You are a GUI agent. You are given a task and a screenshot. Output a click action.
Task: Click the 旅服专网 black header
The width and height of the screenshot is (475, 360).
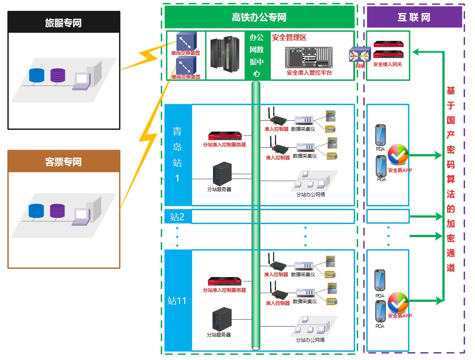point(63,23)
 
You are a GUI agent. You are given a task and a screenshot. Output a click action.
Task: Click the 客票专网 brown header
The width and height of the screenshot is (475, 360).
point(63,162)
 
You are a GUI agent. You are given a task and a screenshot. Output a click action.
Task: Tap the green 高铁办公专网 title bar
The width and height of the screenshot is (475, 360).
point(259,18)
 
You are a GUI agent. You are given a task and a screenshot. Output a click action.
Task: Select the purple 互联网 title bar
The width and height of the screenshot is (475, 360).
point(414,18)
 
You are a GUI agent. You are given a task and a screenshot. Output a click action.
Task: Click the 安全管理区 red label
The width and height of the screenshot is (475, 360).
point(289,38)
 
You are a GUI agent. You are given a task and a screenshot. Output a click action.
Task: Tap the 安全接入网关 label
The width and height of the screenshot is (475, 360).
point(388,64)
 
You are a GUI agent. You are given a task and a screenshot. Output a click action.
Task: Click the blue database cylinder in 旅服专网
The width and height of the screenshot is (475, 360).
point(37,75)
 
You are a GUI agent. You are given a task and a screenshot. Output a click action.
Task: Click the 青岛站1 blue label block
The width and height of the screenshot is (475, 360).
point(178,155)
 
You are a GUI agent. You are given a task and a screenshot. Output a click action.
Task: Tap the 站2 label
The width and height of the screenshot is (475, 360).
point(177,216)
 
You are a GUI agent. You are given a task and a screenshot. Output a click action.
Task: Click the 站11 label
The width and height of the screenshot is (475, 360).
point(177,300)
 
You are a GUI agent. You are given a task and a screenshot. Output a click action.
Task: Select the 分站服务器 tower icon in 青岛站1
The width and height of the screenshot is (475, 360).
point(220,174)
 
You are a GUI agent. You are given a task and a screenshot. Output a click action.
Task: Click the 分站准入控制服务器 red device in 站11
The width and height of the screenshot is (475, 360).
point(224,282)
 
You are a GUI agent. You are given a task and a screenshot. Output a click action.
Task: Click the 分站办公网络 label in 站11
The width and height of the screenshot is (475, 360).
point(310,340)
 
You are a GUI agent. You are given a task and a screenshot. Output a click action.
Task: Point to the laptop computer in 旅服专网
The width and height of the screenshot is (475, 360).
point(81,80)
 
